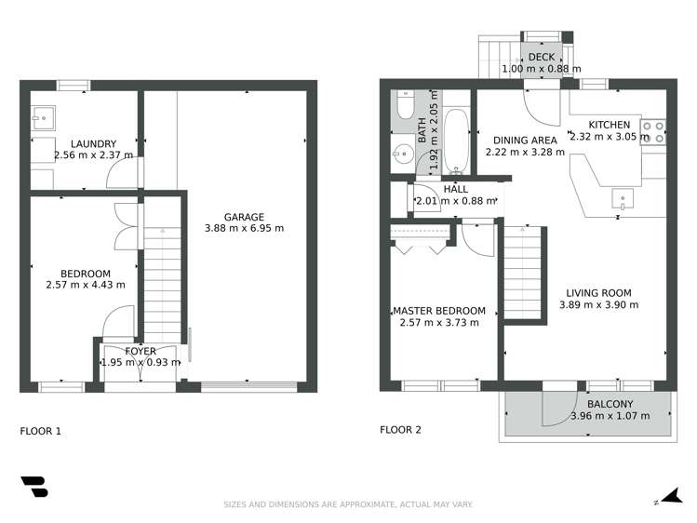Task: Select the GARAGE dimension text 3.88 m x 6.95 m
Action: point(244,228)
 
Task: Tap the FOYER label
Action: point(141,351)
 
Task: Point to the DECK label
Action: point(541,58)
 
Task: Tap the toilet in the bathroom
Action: point(404,107)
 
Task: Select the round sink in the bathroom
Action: point(403,155)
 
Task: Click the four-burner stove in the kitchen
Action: point(653,131)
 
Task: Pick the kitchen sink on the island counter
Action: point(621,197)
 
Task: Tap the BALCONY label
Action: point(610,404)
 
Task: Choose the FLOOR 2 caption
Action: point(400,430)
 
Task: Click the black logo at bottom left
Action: point(34,488)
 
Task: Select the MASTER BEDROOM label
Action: point(438,311)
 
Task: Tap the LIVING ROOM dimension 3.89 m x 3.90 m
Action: point(598,304)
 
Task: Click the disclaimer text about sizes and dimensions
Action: point(348,504)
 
